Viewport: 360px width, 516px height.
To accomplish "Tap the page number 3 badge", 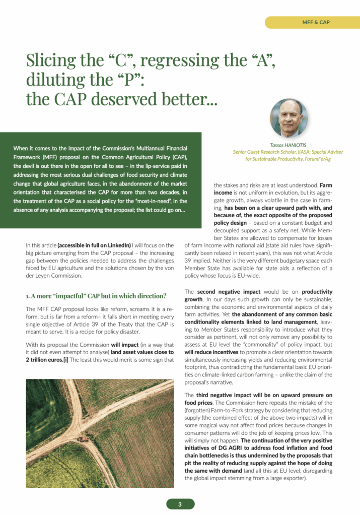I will coord(180,503).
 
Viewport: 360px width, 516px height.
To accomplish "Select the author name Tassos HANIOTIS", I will coord(289,145).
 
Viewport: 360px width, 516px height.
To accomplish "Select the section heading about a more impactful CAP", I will coord(96,295).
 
